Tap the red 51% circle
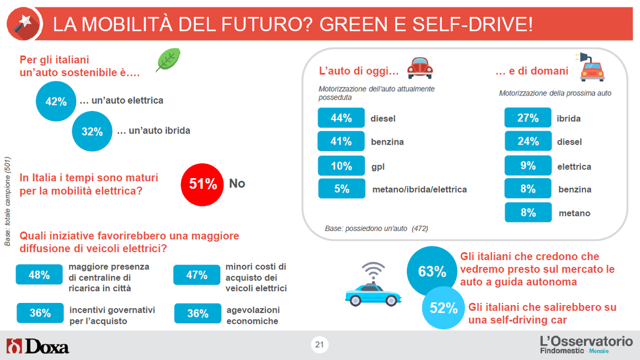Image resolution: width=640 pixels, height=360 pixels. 203,184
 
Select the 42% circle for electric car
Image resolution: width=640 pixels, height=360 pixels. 55,101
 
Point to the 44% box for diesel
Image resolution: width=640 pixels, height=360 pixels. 341,118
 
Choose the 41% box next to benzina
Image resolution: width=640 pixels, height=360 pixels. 341,141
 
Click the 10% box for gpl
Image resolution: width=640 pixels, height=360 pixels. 341,166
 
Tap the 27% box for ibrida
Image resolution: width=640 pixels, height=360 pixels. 528,118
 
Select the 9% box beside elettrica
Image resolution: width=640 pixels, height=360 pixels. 528,166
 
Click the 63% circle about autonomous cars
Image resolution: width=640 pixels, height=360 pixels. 431,271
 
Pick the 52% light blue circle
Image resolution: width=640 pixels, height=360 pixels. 444,308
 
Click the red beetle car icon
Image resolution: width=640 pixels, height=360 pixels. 420,68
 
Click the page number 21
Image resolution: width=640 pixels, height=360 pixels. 319,345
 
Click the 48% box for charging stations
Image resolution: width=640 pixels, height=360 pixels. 39,275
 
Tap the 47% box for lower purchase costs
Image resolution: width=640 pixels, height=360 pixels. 197,275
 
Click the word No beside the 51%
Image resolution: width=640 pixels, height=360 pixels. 237,183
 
